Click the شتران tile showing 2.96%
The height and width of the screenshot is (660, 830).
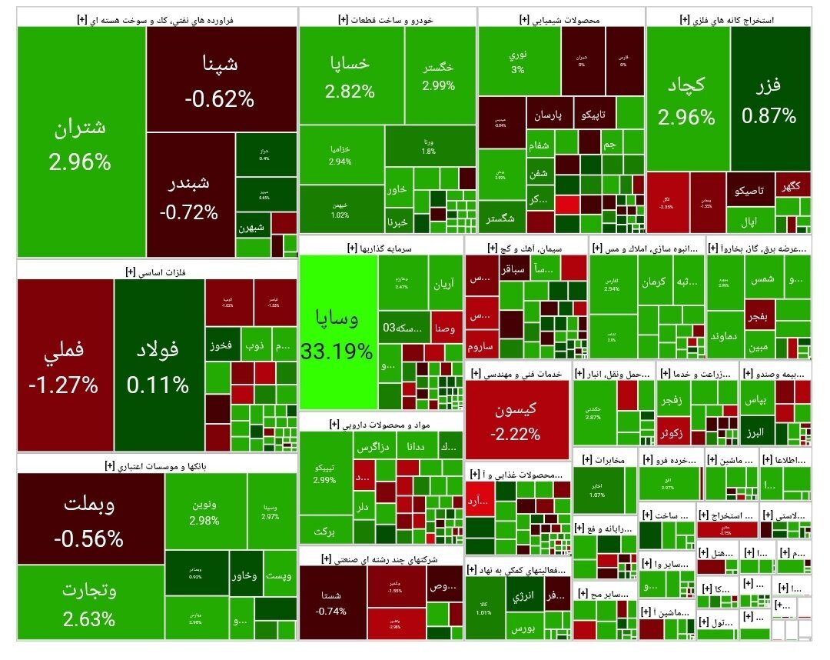(80, 142)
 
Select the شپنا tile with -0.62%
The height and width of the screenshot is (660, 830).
(221, 79)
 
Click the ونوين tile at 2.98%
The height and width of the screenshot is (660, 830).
(204, 512)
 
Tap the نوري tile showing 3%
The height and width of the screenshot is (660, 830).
(518, 62)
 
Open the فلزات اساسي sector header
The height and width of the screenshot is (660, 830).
(156, 271)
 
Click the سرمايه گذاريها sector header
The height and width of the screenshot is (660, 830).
(381, 248)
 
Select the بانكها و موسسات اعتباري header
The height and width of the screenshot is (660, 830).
(156, 465)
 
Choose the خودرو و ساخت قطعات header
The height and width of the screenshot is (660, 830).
(387, 18)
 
